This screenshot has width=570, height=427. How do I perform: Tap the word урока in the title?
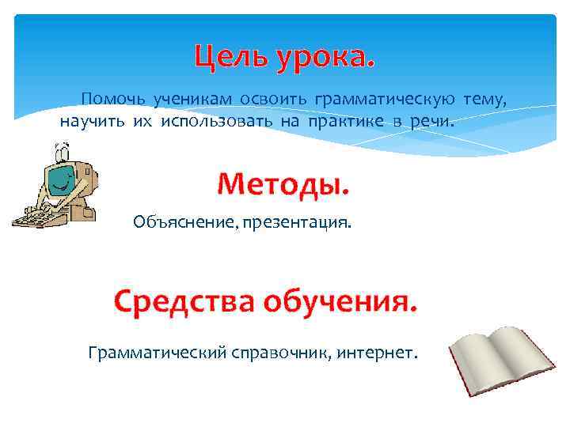coord(323,57)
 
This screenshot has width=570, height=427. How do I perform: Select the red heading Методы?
coord(283,185)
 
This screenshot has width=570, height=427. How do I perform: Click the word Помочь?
coord(112,99)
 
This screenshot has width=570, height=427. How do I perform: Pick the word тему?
coord(484,99)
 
